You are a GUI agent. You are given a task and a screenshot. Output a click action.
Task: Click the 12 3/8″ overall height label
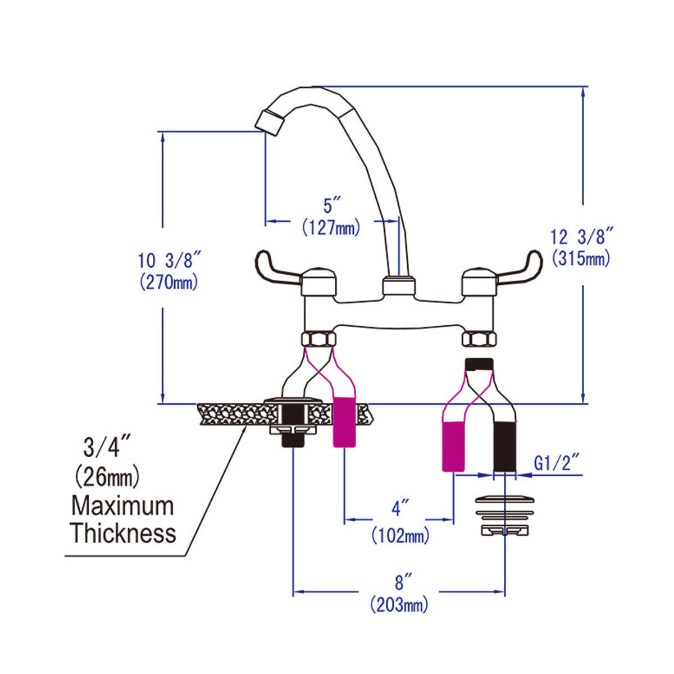[x=582, y=237]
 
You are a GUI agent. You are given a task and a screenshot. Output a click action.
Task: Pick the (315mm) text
[x=581, y=259]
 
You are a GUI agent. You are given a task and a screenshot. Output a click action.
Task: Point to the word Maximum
[x=122, y=506]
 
